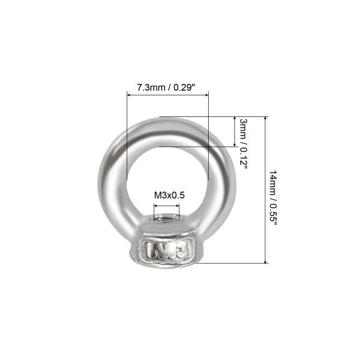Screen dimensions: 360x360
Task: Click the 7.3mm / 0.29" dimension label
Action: point(166,88)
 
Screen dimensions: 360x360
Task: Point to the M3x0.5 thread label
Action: point(169,196)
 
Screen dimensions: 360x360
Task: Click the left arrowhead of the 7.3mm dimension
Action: point(129,95)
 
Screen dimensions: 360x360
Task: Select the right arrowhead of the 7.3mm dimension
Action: point(206,95)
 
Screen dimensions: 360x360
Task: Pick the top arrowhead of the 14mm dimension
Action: point(265,118)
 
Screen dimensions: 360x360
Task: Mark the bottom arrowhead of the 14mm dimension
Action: point(265,262)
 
